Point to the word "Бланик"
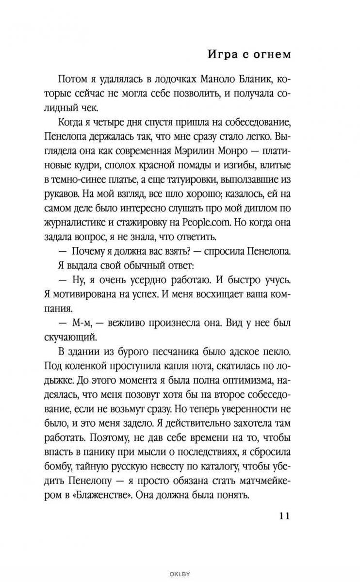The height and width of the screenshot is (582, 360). (238, 81)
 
